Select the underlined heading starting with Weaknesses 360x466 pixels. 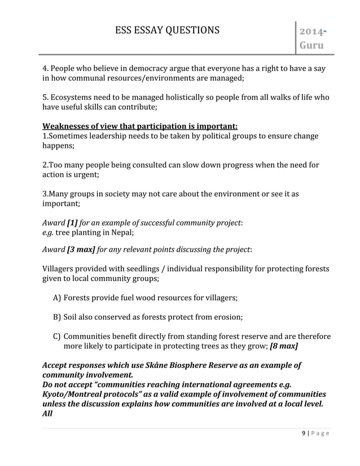click(140, 125)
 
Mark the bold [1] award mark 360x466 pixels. click(73, 222)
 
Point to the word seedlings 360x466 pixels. click(141, 269)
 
